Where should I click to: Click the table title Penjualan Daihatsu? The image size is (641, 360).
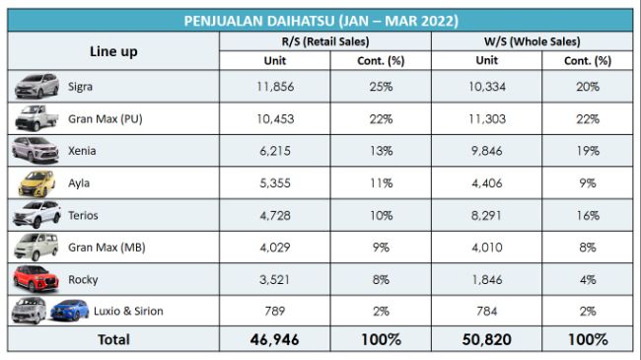pyautogui.click(x=321, y=20)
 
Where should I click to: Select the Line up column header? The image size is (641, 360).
pyautogui.click(x=113, y=51)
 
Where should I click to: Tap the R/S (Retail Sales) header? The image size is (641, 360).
pyautogui.click(x=321, y=42)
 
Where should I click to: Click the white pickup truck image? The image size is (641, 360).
pyautogui.click(x=37, y=118)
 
